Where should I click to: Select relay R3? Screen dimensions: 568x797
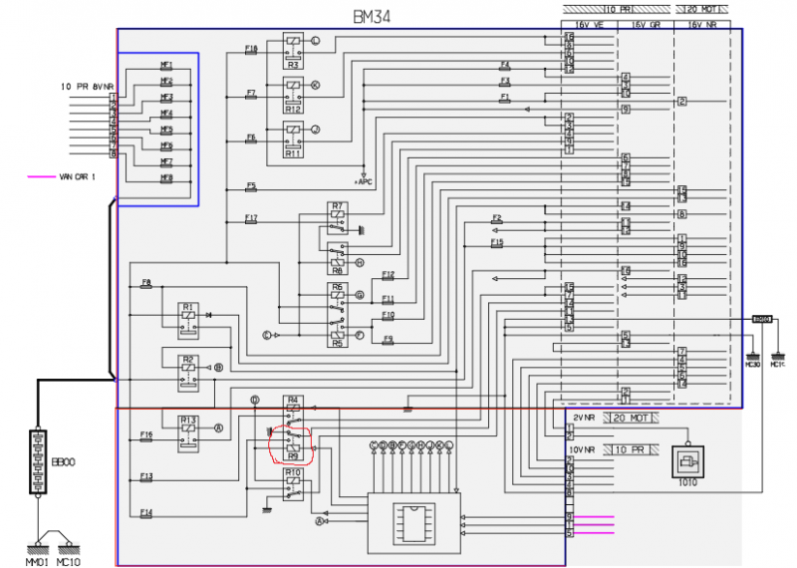[x=293, y=45]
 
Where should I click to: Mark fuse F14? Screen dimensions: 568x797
[x=146, y=514]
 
